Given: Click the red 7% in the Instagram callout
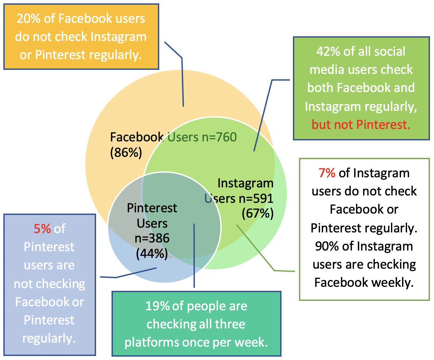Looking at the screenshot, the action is (x=327, y=173).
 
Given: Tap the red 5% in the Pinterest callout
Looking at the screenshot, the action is (x=42, y=229).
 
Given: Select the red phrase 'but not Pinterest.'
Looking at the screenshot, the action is (x=361, y=125).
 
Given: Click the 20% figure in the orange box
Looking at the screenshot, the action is (x=29, y=18).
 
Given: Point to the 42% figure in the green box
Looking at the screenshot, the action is (x=329, y=51).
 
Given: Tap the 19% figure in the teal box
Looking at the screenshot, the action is (x=157, y=306).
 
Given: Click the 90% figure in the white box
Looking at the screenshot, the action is (x=327, y=246).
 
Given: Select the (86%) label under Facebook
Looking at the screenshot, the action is (x=126, y=152).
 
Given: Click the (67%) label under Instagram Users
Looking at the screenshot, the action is (x=258, y=213).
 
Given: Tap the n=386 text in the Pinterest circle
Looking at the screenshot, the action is (x=152, y=238).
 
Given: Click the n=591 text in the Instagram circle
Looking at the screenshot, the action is (x=256, y=198).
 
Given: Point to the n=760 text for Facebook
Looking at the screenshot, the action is (x=219, y=137).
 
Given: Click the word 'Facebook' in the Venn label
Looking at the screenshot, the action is (x=137, y=137).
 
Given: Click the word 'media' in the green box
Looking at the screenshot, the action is (x=327, y=70).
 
